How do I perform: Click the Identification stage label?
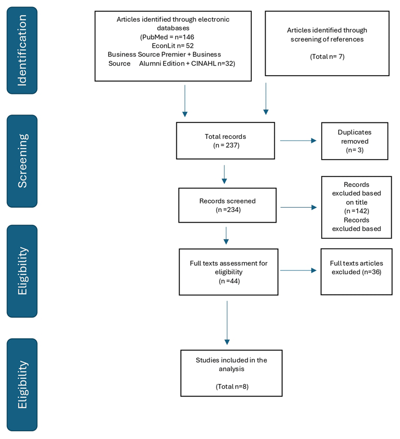click(x=22, y=50)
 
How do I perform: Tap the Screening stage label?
click(x=22, y=161)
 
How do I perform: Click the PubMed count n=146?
click(x=184, y=37)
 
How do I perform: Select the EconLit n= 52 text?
click(x=173, y=46)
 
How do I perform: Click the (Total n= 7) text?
click(x=327, y=56)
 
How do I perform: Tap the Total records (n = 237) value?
click(x=226, y=145)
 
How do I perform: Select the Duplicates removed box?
click(x=355, y=141)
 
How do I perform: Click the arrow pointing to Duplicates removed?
click(x=298, y=140)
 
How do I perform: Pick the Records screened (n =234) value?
click(x=228, y=210)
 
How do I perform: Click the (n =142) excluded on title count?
click(x=357, y=211)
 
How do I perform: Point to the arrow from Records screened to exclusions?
click(x=298, y=207)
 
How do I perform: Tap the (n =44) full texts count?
click(x=229, y=281)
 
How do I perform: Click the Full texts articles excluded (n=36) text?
click(x=356, y=268)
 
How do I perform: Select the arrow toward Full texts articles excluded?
click(x=298, y=271)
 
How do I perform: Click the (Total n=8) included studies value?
click(x=232, y=387)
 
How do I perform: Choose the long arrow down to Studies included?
click(x=227, y=323)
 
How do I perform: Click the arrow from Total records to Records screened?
click(x=224, y=174)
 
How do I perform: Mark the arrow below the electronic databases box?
click(x=185, y=101)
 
